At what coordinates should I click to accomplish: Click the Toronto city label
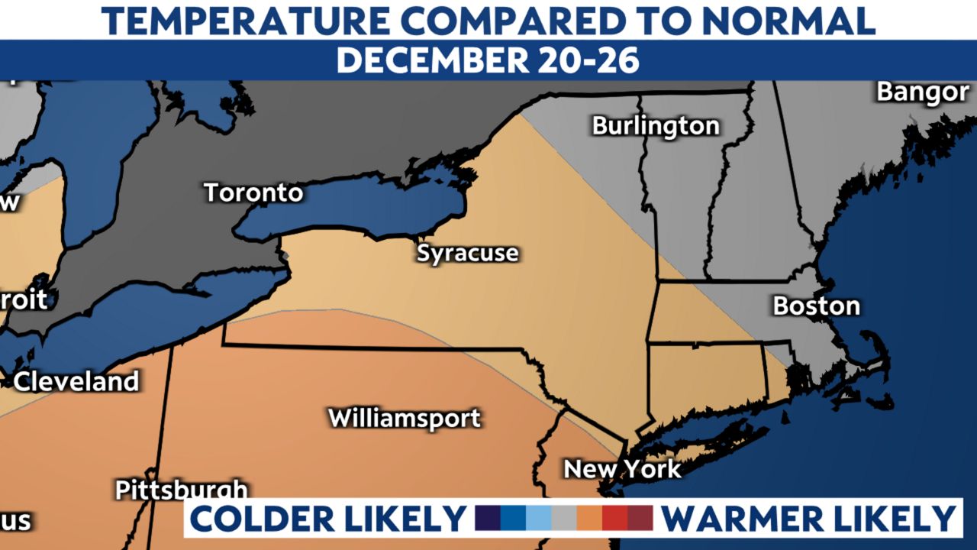[253, 192]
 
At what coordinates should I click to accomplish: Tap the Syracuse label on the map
[467, 253]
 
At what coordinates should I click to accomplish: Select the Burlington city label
[656, 125]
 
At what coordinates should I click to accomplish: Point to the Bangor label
[922, 92]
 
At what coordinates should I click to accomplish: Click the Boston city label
[816, 306]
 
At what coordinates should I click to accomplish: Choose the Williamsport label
[405, 418]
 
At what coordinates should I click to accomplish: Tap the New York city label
[622, 468]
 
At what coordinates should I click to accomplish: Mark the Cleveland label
[76, 381]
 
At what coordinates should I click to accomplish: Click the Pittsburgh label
[182, 490]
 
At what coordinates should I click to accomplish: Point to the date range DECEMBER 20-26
[488, 60]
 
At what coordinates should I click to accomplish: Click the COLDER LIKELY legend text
[327, 519]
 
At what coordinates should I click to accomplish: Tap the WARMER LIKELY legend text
[808, 519]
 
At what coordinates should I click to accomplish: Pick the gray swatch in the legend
[563, 518]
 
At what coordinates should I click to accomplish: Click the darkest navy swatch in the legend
[488, 518]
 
